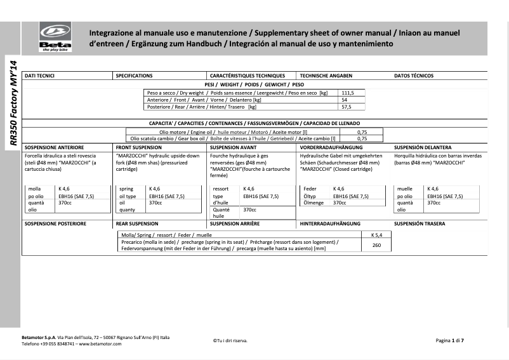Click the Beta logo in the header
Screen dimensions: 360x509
point(56,37)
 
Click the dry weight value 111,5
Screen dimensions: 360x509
point(348,93)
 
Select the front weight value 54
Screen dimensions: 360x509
point(344,100)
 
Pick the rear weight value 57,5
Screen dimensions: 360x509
point(347,107)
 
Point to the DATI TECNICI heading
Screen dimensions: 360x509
point(39,76)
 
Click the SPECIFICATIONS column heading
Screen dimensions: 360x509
point(135,76)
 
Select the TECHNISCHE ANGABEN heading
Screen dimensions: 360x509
point(326,76)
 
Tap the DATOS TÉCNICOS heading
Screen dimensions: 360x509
point(414,76)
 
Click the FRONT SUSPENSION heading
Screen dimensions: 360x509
point(139,147)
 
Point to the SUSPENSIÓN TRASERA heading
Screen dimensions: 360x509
point(420,223)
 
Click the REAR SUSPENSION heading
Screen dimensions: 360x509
point(138,223)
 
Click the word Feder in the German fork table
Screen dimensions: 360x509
point(310,189)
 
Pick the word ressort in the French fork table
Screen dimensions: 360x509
point(220,189)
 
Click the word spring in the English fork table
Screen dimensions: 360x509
point(126,189)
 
